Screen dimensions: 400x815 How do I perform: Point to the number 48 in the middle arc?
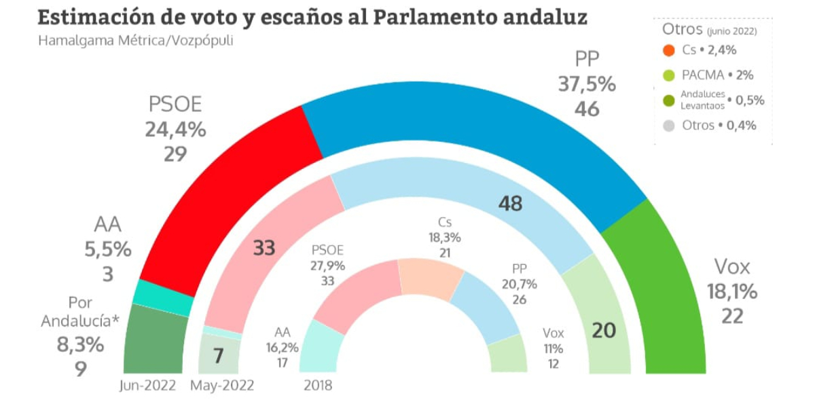coord(510,203)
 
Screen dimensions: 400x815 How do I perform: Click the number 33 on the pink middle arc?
coord(264,248)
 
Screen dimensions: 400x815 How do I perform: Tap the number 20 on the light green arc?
coord(604,331)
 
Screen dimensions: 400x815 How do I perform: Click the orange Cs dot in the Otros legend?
coord(669,50)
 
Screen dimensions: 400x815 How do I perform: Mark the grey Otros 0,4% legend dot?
coord(669,126)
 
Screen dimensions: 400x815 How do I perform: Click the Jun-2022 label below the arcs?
coord(147,386)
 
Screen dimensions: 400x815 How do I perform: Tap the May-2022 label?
coord(222,386)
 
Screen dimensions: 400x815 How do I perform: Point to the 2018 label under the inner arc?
coord(318,386)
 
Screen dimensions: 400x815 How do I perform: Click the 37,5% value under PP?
coord(587,84)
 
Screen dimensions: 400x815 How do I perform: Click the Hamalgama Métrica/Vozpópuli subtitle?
coord(135,41)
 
